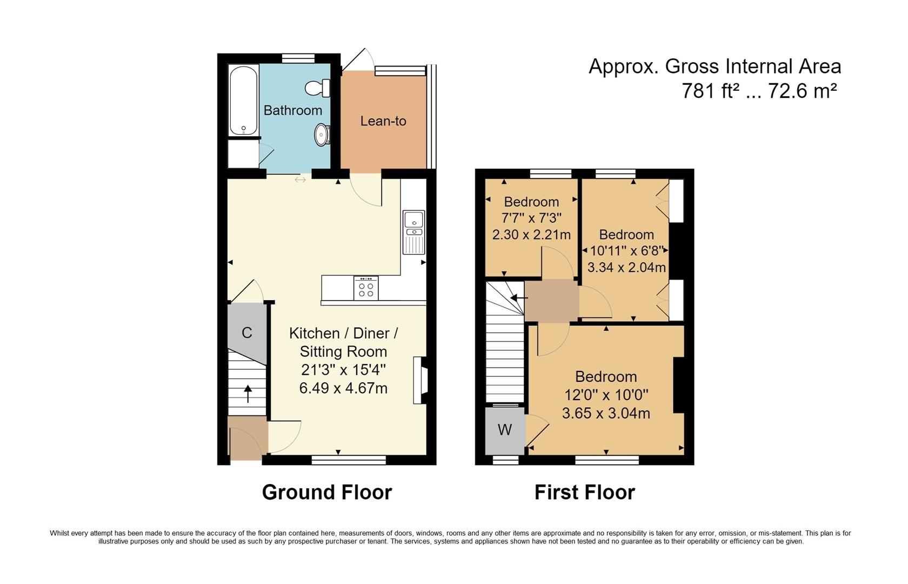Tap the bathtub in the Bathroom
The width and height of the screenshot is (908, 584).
point(243,101)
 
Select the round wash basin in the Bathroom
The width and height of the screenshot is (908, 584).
point(322,134)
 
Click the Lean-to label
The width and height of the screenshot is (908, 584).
point(383,121)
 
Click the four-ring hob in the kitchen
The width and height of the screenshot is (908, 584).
point(366,288)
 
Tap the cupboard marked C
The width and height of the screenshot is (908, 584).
point(247,333)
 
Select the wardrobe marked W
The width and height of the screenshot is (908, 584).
point(505,430)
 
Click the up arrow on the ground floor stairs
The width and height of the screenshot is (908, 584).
point(248,394)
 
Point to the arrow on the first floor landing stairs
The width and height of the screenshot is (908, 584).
point(519,297)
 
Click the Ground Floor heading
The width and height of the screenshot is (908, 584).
point(327,493)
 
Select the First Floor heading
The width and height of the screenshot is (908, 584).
point(584,493)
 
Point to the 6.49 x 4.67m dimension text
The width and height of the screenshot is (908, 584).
point(343,388)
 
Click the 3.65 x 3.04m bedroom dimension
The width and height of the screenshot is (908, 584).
point(606,414)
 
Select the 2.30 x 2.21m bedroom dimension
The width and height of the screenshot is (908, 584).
point(531,235)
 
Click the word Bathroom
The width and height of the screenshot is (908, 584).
point(292,110)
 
